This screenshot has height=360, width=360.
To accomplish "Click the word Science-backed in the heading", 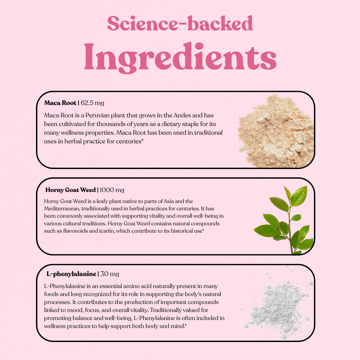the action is tap(180, 23).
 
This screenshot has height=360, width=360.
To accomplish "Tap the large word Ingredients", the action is tap(180, 57).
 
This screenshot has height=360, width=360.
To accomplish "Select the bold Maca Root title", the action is tap(60, 103).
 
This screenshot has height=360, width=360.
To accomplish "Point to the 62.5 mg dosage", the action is tap(92, 103).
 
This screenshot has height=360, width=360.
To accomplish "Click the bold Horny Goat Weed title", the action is tap(70, 190).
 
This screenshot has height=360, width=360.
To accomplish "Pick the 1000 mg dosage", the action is tap(112, 190).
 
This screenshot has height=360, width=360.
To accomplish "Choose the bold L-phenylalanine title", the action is tap(71, 274).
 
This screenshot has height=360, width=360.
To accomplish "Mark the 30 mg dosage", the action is tap(110, 274).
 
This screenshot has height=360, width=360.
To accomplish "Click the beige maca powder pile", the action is tap(276, 131).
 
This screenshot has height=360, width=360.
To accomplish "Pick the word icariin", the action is tap(107, 231).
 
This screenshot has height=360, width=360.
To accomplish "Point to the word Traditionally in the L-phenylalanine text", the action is tap(175, 310).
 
